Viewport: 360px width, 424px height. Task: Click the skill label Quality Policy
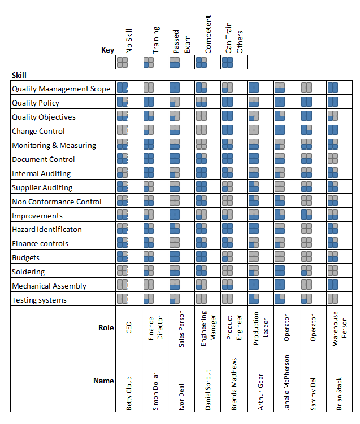pos(36,103)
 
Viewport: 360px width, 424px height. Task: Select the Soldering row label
pos(28,272)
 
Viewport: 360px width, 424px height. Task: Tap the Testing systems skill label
pos(39,300)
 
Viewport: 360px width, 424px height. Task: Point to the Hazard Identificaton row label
pos(47,229)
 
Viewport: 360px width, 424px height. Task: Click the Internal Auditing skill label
pos(41,173)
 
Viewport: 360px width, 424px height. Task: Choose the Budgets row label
pos(27,257)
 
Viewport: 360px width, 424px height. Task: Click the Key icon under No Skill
pos(122,62)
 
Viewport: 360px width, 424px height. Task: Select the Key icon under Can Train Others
pos(228,62)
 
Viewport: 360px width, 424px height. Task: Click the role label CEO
pos(129,328)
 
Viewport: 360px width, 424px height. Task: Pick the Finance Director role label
pos(155,328)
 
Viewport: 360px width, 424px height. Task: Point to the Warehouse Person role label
pos(339,328)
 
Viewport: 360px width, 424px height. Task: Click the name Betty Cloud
pos(129,393)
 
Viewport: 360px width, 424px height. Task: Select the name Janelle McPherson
pos(287,382)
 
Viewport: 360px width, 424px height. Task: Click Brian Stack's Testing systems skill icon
pos(333,299)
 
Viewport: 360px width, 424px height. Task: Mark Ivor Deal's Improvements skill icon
pos(175,215)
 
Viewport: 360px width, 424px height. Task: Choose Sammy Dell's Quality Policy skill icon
pos(306,102)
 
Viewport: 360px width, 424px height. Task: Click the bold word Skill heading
pos(19,75)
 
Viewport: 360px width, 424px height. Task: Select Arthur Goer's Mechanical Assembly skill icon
pos(254,285)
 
